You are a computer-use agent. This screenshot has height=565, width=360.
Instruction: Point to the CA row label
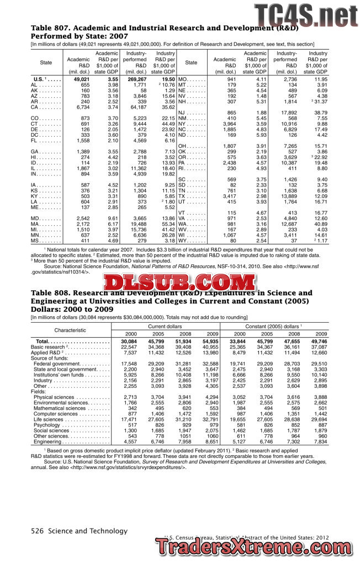(x=34, y=108)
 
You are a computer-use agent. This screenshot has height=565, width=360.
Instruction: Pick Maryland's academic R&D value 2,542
(x=81, y=219)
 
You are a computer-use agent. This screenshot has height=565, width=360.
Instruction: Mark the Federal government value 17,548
(x=129, y=364)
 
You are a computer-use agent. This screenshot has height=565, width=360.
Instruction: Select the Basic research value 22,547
(x=129, y=348)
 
